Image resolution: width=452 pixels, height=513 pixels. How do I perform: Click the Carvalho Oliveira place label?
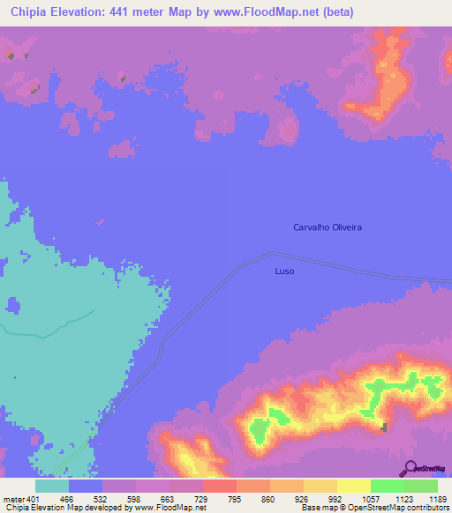[x=328, y=227]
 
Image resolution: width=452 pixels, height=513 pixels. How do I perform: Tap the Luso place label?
[x=284, y=271]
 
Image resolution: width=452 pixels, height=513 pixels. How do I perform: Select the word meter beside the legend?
[x=13, y=499]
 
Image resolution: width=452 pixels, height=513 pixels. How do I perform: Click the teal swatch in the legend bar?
[x=52, y=486]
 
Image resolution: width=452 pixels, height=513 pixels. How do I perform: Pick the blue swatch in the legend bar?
[x=86, y=486]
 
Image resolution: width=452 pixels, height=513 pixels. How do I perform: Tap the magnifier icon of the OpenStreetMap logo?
[x=409, y=468]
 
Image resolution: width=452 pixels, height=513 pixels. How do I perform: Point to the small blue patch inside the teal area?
[x=12, y=305]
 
